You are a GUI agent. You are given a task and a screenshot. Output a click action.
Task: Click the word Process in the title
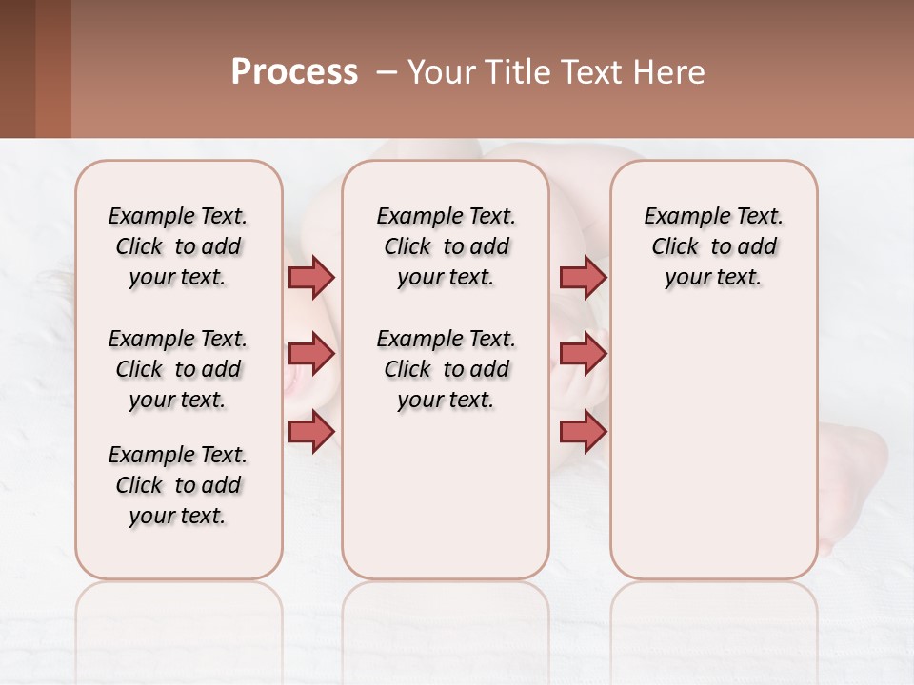[294, 72]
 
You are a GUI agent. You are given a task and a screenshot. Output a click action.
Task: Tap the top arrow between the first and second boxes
[311, 277]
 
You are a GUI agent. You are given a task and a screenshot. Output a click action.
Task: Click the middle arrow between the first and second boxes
[311, 354]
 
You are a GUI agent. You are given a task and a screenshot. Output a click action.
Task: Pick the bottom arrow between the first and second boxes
[311, 431]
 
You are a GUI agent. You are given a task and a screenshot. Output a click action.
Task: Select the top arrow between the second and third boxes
[583, 277]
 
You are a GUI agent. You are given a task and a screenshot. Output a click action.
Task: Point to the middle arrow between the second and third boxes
[583, 354]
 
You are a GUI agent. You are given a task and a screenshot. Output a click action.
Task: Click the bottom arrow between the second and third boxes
[583, 431]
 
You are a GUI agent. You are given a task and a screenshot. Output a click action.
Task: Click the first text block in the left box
[178, 246]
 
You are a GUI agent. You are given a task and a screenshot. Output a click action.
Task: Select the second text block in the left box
[178, 369]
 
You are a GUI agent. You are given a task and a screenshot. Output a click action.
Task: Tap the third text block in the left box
[178, 485]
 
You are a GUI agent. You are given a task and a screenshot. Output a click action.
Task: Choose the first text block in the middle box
[446, 246]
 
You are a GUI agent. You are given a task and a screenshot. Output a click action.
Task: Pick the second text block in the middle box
[446, 369]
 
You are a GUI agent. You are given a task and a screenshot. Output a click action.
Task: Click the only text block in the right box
[713, 246]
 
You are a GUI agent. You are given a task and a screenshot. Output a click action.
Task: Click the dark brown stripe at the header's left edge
[17, 68]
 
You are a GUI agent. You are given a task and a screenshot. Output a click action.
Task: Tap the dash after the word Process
[387, 72]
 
